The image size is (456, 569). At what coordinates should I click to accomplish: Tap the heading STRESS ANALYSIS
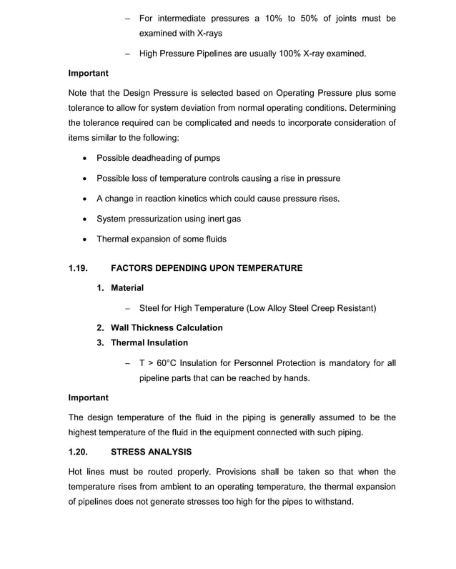coord(152,452)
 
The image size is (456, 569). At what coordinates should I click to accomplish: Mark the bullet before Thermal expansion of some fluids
coord(86,239)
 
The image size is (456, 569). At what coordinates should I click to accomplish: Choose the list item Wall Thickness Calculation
coord(167,327)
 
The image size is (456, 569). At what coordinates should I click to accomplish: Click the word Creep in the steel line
coord(322,309)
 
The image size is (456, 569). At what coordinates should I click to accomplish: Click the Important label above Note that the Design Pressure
coord(88,73)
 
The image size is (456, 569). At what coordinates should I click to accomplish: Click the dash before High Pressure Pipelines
coord(127,54)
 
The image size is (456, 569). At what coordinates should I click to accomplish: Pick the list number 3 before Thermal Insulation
coord(100,343)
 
